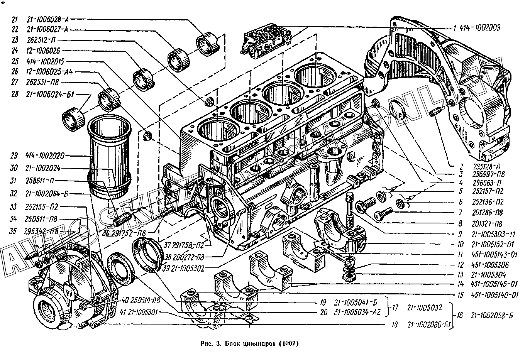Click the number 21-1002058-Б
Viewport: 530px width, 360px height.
tap(491, 316)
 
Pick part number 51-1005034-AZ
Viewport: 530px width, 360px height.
tap(357, 313)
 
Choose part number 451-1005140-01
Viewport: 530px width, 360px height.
tap(494, 295)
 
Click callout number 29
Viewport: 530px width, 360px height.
tap(14, 156)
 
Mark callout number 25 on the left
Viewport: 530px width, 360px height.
tap(15, 61)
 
